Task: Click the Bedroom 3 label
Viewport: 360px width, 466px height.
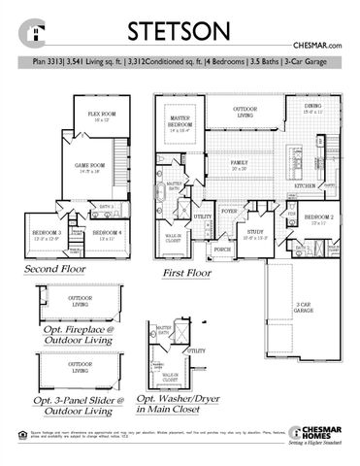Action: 47,233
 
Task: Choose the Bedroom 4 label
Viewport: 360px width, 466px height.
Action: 106,233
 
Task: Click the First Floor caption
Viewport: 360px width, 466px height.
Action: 186,275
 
